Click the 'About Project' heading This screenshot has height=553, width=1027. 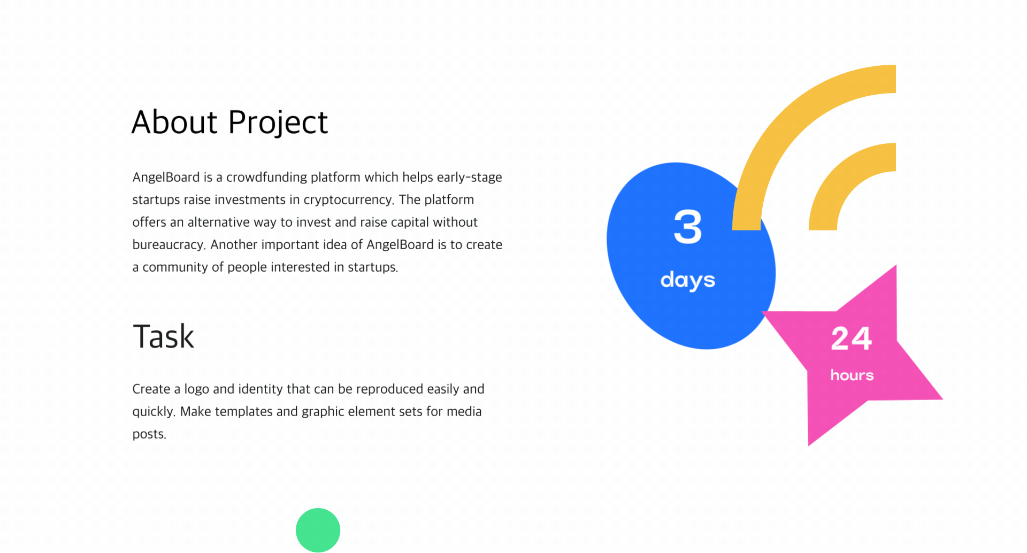point(229,122)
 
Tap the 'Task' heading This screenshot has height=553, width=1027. point(163,336)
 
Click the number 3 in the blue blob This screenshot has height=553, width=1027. point(688,227)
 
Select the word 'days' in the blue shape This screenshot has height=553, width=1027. point(688,280)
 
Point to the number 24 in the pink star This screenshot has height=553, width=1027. point(852,339)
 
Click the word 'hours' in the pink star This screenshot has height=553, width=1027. point(852,375)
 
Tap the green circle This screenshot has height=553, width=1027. point(318,530)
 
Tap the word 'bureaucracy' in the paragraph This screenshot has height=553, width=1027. point(168,245)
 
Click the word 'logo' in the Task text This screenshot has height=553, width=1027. point(197,389)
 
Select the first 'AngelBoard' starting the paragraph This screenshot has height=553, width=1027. point(166,177)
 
